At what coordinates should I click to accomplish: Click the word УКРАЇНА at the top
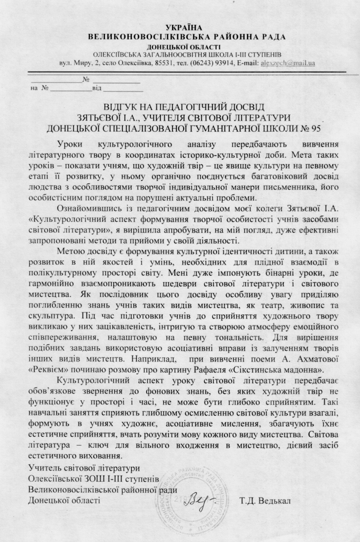click(x=180, y=27)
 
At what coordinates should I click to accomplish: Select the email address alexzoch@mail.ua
click(x=288, y=64)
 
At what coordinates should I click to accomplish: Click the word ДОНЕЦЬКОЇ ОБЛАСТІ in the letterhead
click(x=180, y=47)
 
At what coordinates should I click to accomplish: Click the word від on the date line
click(x=97, y=88)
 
